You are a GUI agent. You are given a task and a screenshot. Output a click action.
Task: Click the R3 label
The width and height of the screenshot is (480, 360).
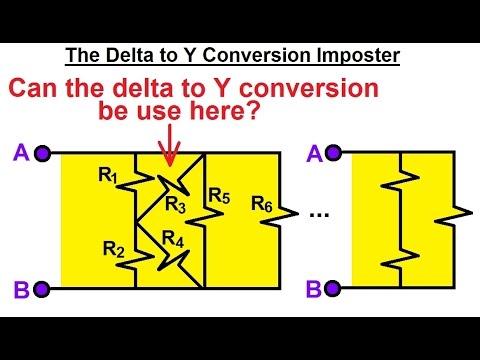pyautogui.click(x=176, y=205)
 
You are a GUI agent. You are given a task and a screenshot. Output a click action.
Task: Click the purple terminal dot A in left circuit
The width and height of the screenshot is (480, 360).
pyautogui.click(x=42, y=153)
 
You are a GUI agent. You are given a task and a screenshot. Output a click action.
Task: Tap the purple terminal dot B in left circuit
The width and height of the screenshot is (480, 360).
pyautogui.click(x=42, y=289)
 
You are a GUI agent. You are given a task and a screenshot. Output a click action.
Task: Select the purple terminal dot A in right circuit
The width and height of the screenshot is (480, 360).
pyautogui.click(x=334, y=153)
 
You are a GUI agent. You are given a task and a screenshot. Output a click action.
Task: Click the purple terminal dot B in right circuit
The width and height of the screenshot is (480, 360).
pyautogui.click(x=334, y=289)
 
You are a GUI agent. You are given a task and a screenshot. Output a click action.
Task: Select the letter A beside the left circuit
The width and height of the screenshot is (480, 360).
pyautogui.click(x=19, y=152)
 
